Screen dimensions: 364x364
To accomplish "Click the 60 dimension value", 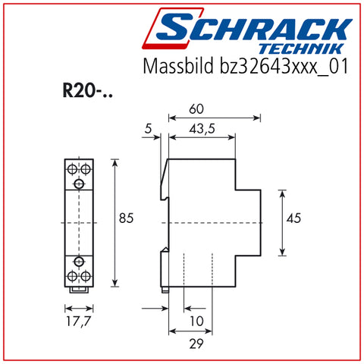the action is (196, 109).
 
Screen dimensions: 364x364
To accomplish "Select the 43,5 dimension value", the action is (202, 129).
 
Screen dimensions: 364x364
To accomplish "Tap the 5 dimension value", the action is (149, 129).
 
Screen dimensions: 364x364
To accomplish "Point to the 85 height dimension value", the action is (126, 218).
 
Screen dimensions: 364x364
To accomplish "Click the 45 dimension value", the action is (293, 218).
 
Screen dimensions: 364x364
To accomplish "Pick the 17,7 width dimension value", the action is (78, 322).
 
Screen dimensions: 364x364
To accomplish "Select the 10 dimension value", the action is (196, 322).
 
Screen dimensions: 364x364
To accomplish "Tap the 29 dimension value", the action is (196, 344).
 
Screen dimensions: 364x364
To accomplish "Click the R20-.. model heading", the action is (87, 90).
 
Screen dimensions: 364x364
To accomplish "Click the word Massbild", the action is (178, 66).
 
